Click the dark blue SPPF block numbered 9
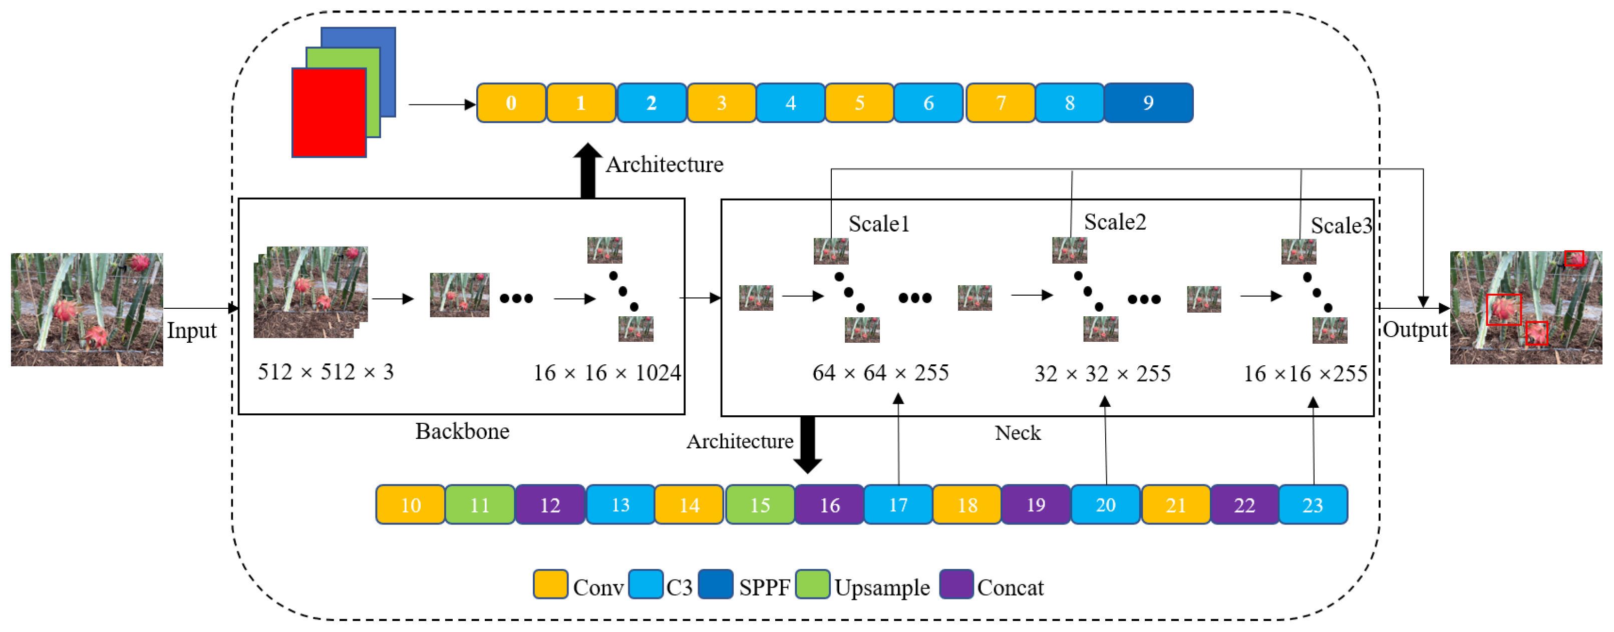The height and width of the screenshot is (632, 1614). click(1148, 103)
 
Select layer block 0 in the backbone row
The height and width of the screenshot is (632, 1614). click(511, 103)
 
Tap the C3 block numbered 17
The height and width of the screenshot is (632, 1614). click(898, 504)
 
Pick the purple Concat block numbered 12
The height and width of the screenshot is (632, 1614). click(549, 504)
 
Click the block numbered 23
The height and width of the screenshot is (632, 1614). click(1313, 504)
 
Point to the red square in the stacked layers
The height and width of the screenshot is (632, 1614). click(329, 113)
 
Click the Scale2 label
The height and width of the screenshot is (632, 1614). click(1115, 222)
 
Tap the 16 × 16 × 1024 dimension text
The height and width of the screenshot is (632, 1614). click(606, 373)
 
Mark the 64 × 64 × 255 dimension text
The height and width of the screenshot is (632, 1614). click(880, 373)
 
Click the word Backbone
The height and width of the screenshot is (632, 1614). click(462, 431)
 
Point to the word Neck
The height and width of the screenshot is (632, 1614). click(1018, 433)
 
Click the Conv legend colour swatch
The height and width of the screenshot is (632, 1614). click(550, 584)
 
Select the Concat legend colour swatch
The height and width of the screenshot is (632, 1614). click(956, 584)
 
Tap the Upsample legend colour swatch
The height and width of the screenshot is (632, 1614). click(813, 584)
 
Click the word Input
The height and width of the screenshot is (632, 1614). click(191, 330)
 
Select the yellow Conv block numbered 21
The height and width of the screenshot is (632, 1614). click(1175, 504)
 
